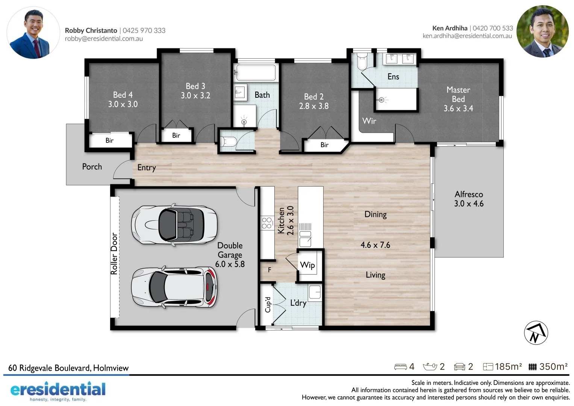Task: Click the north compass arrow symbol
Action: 536,333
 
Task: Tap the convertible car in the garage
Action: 174,225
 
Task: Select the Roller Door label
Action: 114,253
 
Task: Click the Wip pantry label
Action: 307,265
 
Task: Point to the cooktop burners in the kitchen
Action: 267,223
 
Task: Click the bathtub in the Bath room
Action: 255,72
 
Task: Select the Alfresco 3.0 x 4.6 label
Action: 469,199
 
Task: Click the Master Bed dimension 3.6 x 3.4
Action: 458,109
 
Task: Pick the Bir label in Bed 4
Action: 109,141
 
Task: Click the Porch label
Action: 92,167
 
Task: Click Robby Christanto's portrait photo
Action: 33,33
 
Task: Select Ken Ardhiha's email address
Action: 467,36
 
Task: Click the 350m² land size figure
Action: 553,367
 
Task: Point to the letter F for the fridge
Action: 270,270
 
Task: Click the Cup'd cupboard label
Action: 268,304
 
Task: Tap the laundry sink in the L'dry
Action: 315,292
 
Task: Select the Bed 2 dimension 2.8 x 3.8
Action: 314,106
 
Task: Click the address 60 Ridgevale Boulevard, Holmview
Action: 68,368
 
